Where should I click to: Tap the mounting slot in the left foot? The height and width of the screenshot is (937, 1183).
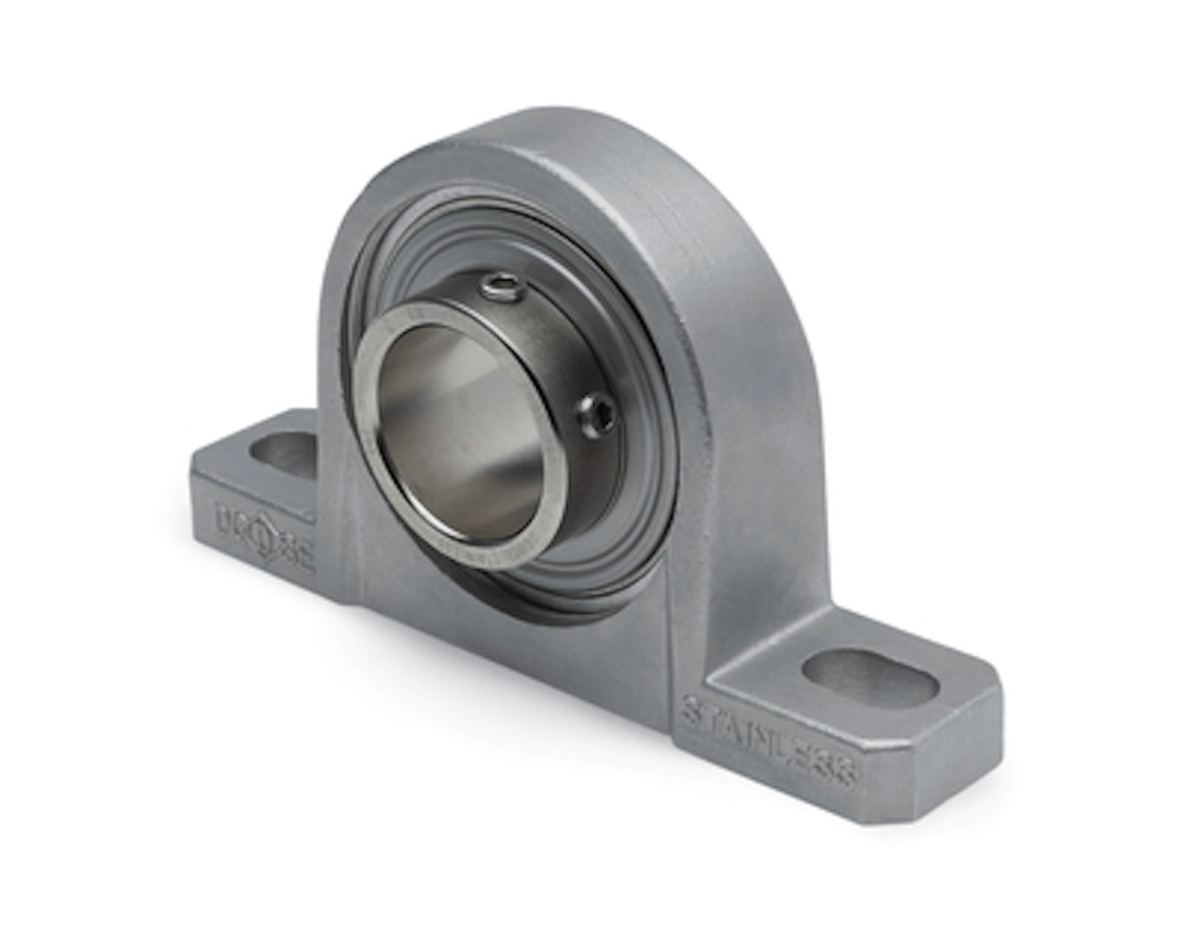pyautogui.click(x=283, y=454)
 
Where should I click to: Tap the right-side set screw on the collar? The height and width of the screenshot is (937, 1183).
pyautogui.click(x=597, y=414)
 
